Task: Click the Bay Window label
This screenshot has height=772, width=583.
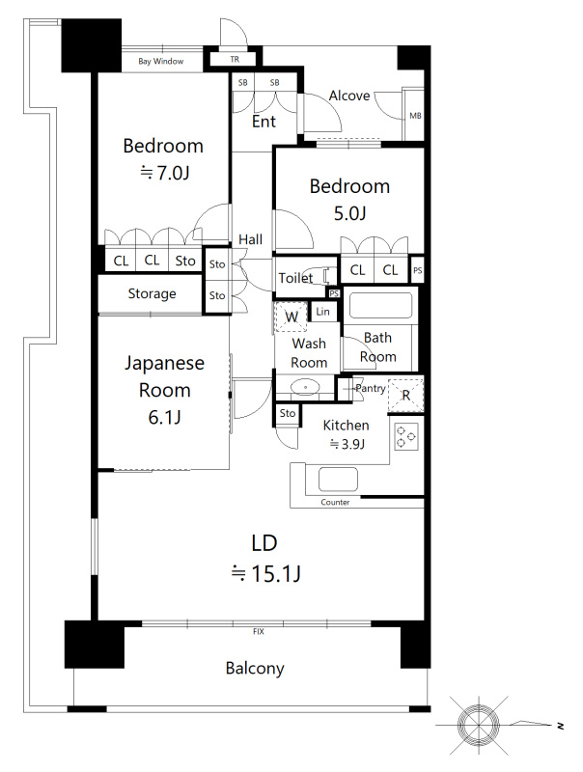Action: pos(160,61)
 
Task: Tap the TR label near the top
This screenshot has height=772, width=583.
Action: pos(235,59)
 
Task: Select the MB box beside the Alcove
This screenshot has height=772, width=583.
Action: pos(415,116)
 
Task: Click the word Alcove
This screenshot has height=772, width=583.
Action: pos(349,96)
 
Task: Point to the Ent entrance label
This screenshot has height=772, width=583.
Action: pos(264,122)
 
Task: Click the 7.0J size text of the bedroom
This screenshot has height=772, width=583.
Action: pos(165,173)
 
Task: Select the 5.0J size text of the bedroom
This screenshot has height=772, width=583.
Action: pos(349,213)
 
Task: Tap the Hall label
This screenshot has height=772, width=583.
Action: pos(250,239)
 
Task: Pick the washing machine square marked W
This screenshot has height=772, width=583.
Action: pos(291,317)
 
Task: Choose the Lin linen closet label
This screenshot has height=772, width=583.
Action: pos(323,311)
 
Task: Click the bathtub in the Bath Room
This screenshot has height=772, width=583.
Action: pos(380,305)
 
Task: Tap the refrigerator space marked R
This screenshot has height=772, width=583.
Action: pos(405,395)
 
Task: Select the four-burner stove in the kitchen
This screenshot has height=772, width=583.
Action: pos(406,436)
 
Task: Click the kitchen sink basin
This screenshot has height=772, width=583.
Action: pos(338,479)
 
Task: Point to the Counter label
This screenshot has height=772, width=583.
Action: pos(335,502)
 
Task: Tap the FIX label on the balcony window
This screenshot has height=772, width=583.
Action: pos(258,631)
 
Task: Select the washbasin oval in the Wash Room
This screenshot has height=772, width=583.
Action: pos(305,387)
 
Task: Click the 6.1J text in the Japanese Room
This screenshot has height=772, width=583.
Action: pos(164,418)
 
